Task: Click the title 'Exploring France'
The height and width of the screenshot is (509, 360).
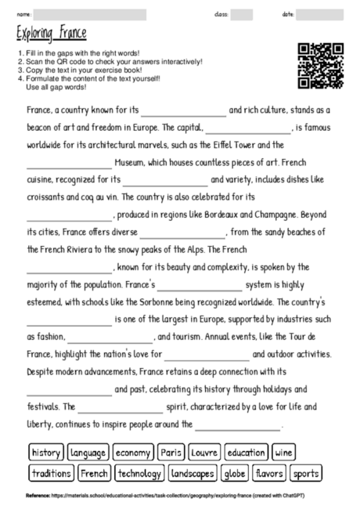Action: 51,34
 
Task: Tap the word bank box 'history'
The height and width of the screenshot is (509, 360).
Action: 46,453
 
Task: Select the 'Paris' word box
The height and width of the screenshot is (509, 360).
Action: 170,453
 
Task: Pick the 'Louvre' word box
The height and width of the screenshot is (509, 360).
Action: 203,453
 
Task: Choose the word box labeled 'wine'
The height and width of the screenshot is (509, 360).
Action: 284,453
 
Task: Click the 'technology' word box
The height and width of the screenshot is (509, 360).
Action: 139,473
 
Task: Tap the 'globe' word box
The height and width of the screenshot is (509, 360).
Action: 235,473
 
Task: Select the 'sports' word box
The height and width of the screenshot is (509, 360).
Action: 306,473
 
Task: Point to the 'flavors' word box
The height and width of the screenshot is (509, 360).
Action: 270,473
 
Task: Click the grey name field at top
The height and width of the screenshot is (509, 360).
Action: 90,14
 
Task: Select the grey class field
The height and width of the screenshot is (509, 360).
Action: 242,14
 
